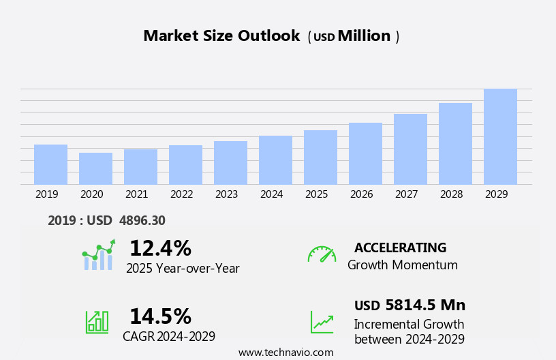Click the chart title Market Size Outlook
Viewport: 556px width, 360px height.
click(221, 36)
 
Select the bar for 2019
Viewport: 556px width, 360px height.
click(50, 164)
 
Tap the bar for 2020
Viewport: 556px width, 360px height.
click(95, 168)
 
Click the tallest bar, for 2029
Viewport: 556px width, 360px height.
click(500, 136)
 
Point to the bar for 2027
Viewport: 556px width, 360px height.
click(410, 149)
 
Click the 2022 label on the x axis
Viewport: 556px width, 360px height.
click(181, 194)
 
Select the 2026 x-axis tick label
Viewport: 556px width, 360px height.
click(361, 194)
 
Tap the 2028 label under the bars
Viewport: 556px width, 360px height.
click(451, 194)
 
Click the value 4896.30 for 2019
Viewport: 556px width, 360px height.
click(142, 221)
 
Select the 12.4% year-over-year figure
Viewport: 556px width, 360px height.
click(160, 248)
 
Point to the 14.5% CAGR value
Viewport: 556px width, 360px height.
click(160, 316)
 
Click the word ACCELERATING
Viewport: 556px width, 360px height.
click(400, 247)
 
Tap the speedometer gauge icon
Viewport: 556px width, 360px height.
click(322, 254)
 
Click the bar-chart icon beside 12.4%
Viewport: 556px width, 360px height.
click(98, 256)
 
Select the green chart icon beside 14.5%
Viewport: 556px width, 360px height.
click(97, 322)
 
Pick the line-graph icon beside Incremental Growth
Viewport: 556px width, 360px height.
click(322, 322)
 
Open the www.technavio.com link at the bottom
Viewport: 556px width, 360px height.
click(285, 352)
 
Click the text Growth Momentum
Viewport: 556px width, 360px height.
click(402, 265)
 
